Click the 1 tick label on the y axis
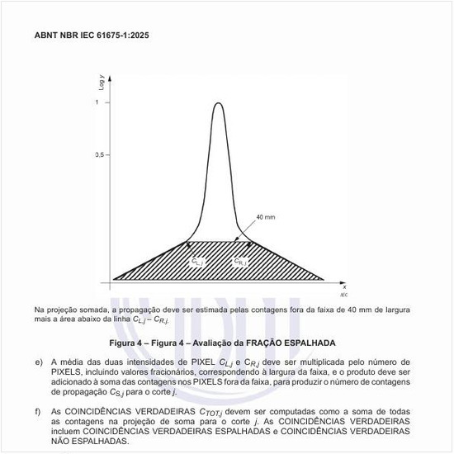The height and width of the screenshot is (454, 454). coord(97,102)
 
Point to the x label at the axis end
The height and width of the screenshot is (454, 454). coord(343,286)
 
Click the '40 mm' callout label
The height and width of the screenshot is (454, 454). coord(265,216)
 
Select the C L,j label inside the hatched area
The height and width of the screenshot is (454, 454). coord(198,262)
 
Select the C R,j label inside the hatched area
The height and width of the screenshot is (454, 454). coord(240,262)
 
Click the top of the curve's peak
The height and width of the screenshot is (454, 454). coord(218,102)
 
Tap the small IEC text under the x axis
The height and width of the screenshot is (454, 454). coord(343,294)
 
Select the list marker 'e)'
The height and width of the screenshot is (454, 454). coord(38,362)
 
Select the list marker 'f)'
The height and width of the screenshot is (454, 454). coord(38,411)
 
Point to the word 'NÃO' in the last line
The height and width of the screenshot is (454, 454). coord(63,442)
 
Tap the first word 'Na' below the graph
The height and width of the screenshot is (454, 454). coord(39,310)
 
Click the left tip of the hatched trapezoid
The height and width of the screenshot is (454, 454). coord(112,280)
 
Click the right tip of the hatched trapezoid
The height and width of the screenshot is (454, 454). coord(324,280)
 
